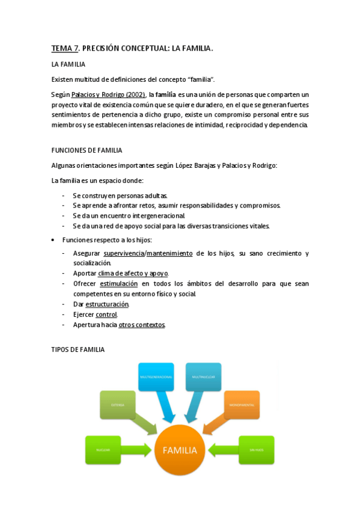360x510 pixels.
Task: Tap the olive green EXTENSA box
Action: tap(118, 405)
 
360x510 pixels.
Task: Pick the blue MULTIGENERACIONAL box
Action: tap(156, 376)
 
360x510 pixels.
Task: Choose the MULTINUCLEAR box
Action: tap(203, 376)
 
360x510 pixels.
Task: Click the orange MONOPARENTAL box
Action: tap(242, 405)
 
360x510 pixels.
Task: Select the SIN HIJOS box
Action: tap(256, 450)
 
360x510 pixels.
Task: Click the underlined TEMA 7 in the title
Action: tap(64, 48)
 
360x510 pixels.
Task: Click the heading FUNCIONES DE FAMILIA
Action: tap(87, 150)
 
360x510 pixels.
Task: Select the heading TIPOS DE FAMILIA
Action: tap(78, 349)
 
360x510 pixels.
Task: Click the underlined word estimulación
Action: tap(118, 283)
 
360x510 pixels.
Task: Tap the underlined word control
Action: tap(106, 315)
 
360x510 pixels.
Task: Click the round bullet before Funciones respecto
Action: tap(55, 240)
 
